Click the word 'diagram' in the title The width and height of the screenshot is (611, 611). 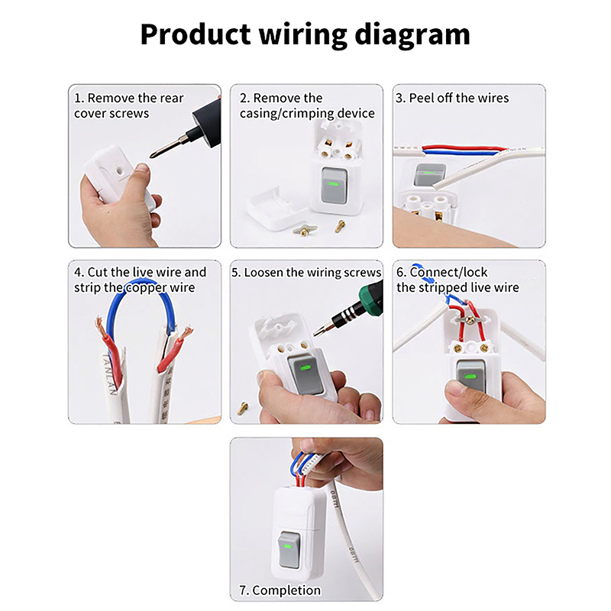coord(412,35)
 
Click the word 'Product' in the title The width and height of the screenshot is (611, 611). coord(196,34)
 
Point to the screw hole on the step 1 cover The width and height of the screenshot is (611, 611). coord(119,170)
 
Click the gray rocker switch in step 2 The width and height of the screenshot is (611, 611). coord(335,186)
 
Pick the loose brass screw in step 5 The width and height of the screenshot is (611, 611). coord(243,408)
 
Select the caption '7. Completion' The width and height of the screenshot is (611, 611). coord(280,590)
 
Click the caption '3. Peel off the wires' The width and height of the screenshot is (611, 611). coord(452,98)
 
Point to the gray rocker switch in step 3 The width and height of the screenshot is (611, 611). coord(429,175)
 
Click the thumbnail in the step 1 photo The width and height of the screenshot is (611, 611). coord(142,168)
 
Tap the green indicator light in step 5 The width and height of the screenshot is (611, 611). coord(306,367)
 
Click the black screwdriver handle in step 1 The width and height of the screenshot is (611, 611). coord(206,123)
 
